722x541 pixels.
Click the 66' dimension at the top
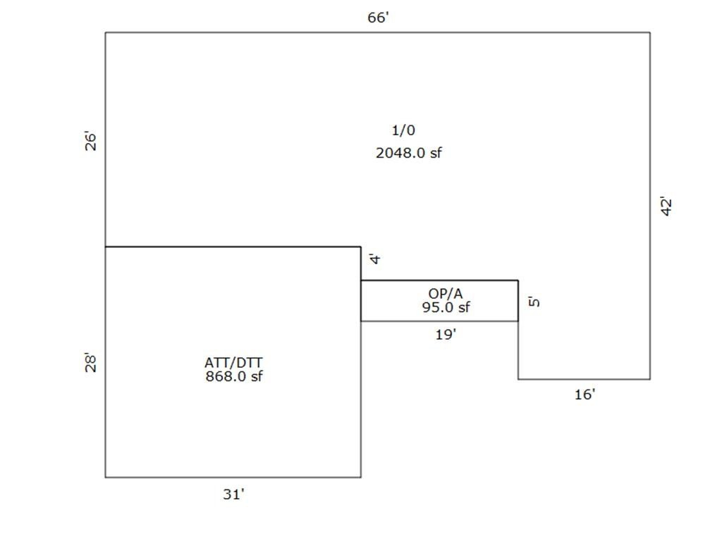coord(378,18)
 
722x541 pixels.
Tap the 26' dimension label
coord(91,142)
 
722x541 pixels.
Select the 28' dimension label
coord(91,363)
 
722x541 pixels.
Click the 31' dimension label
coord(233,494)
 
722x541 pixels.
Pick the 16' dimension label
coord(585,394)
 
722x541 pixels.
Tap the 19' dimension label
coord(446,335)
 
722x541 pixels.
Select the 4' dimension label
coord(375,259)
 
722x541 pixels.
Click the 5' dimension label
coord(534,301)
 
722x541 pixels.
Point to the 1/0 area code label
coord(403,130)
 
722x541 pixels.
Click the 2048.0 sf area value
coord(409,153)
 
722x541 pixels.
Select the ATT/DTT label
coord(233,363)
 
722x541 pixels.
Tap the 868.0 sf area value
coord(234,376)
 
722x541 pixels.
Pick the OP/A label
coord(446,294)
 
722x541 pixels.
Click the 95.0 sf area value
coord(446,307)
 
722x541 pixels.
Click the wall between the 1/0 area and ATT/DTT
coord(233,247)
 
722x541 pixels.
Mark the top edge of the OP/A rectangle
coord(439,280)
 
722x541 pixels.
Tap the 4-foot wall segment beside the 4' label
coord(361,263)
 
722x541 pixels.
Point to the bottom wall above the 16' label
coord(584,380)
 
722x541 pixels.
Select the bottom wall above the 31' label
coord(233,477)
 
